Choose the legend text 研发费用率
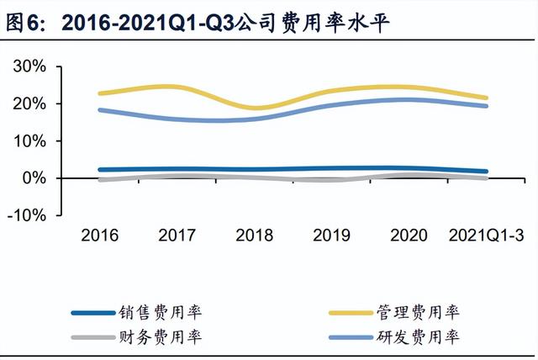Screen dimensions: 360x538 429,336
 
